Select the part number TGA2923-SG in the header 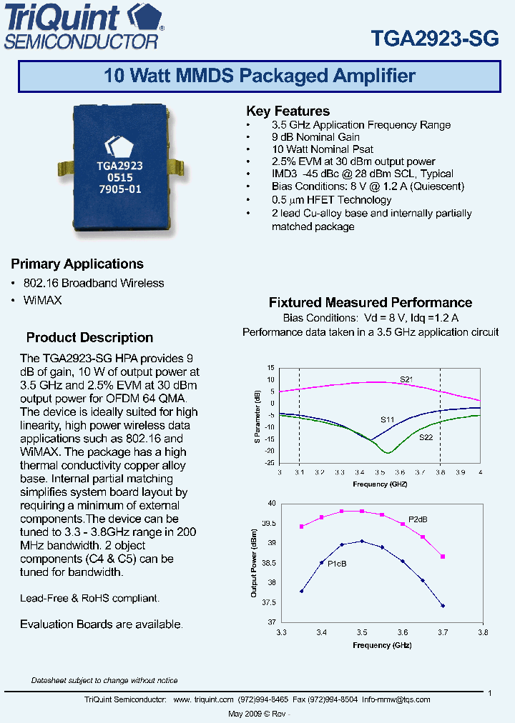[x=434, y=39]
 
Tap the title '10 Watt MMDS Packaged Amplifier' [x=259, y=76]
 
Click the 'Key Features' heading [x=288, y=111]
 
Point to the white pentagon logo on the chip [x=119, y=144]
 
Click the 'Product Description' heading [x=89, y=337]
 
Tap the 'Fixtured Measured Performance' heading [x=370, y=302]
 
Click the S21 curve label [x=406, y=379]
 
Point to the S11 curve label [x=387, y=420]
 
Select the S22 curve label [x=426, y=437]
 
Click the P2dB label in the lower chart [x=418, y=519]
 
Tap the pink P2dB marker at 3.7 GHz [x=443, y=557]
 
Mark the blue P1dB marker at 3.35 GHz [x=302, y=591]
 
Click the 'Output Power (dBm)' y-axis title [x=254, y=563]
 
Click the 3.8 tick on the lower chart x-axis [x=483, y=632]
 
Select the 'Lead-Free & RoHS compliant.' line [x=89, y=598]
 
